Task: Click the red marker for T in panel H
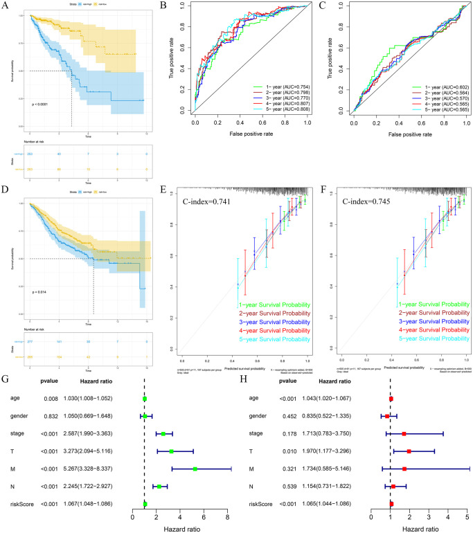click(x=409, y=417)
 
